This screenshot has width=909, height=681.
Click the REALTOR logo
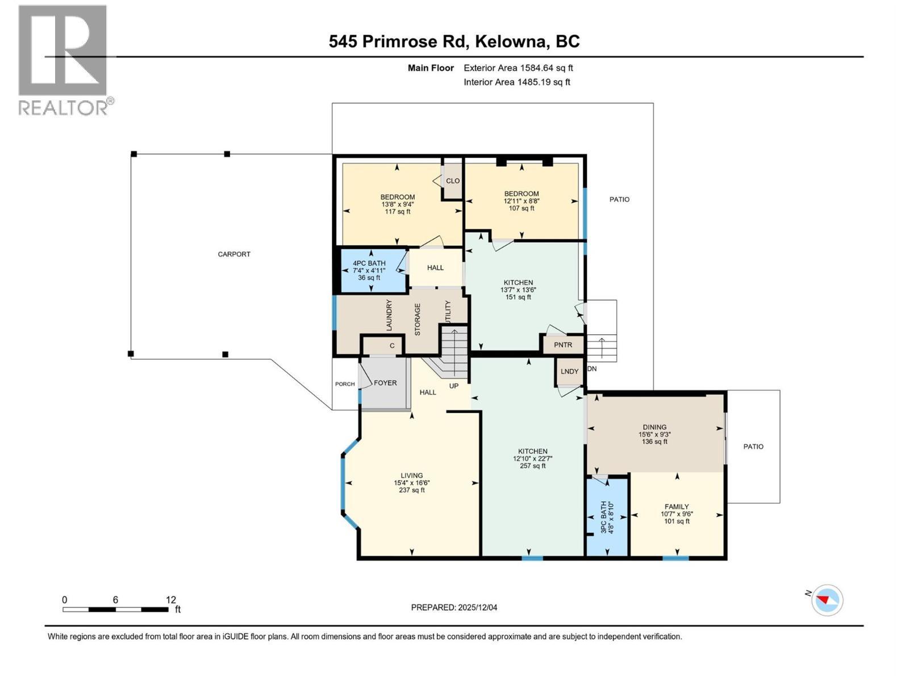coord(62,60)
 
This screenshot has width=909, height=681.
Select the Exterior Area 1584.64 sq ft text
coord(518,68)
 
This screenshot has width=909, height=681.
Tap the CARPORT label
coord(234,254)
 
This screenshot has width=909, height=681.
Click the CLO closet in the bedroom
coord(453,181)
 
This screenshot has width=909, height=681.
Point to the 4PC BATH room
coord(369,270)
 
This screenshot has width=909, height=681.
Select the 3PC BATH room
coord(607,516)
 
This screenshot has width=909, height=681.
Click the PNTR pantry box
coord(562,345)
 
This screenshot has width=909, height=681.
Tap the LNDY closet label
coord(569,372)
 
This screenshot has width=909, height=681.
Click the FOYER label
coord(385,383)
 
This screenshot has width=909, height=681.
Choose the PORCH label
coord(345,384)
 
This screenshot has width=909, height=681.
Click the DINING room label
coord(654,427)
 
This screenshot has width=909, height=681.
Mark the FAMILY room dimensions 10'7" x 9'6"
coord(677,514)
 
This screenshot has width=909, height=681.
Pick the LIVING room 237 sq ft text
coord(412,490)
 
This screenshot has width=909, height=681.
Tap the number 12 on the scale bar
coord(171,600)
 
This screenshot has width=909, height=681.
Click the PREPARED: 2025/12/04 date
coord(454,607)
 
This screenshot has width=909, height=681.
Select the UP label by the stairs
coord(454,386)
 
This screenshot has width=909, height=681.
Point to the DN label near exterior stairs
coord(592,369)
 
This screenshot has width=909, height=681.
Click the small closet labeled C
coord(392,346)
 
